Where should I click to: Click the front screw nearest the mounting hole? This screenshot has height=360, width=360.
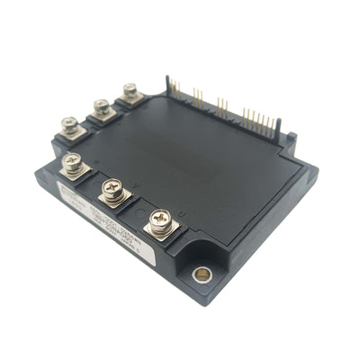(159, 219)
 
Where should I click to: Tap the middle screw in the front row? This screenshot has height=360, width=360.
(112, 189)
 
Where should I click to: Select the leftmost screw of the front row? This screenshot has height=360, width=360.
(71, 163)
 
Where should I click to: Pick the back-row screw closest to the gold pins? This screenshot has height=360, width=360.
(130, 90)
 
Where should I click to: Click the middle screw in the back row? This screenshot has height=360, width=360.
(102, 106)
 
